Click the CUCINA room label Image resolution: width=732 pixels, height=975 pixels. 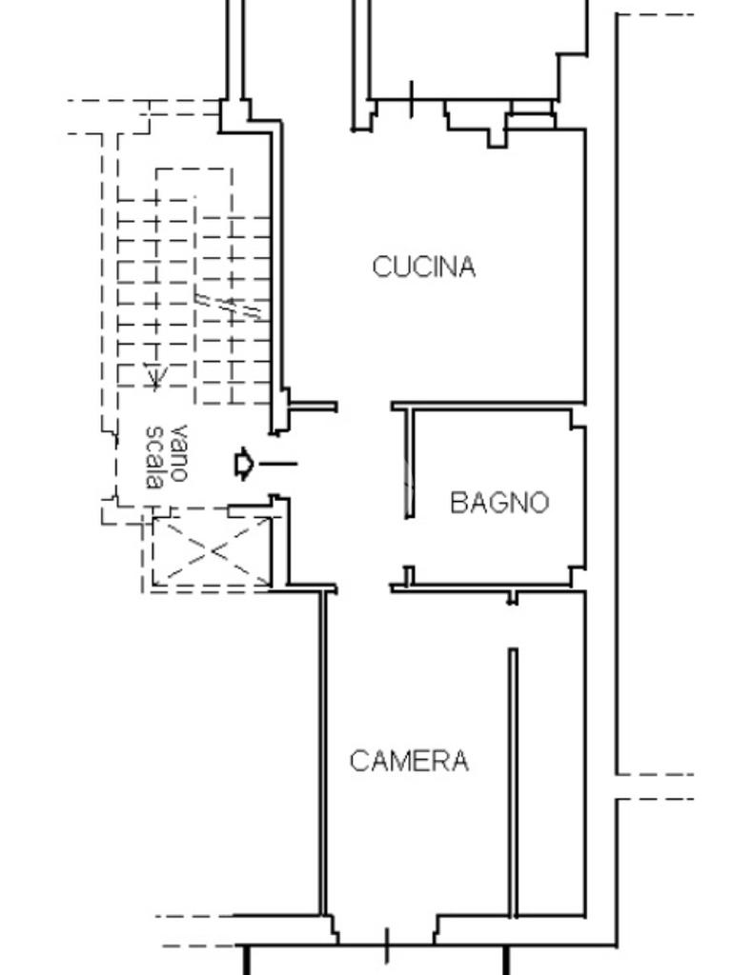tap(424, 267)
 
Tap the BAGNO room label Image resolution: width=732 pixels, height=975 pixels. tap(499, 503)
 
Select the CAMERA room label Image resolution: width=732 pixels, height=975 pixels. tap(409, 761)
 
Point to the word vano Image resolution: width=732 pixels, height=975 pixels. tap(177, 453)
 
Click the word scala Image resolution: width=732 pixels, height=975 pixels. tap(154, 457)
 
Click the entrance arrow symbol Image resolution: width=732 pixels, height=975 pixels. tap(244, 464)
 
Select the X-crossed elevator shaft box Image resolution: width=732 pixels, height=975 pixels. tap(212, 551)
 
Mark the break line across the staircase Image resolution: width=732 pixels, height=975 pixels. tap(232, 307)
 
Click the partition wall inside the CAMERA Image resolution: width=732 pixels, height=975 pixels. tap(513, 783)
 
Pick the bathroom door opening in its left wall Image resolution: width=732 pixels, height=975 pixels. tap(409, 542)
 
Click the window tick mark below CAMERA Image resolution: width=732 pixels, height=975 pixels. tap(387, 945)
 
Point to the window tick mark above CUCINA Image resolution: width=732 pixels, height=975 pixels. tap(412, 99)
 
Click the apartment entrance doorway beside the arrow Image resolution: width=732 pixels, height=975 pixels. tap(279, 465)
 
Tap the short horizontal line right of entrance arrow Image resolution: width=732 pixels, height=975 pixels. tap(277, 464)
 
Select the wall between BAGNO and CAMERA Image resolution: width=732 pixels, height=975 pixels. tap(488, 587)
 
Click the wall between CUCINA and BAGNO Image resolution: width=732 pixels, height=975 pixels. tap(489, 406)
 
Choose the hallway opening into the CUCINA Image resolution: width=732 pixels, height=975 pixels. tap(364, 407)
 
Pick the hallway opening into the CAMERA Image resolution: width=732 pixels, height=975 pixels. tap(363, 588)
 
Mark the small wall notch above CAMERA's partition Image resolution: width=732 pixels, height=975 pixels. tap(512, 598)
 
